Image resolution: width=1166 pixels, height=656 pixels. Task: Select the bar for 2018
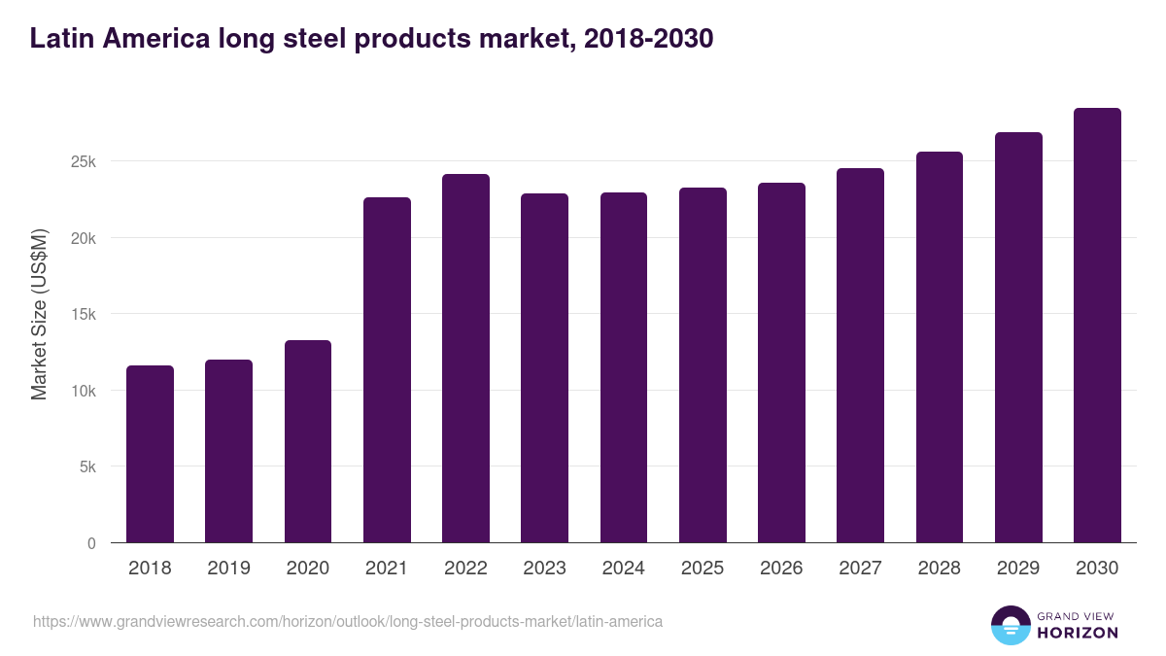[x=151, y=454]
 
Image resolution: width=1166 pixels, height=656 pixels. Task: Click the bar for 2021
[x=387, y=370]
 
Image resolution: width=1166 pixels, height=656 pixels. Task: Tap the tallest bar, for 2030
[x=1097, y=326]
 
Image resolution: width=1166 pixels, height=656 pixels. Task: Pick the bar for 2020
[x=308, y=441]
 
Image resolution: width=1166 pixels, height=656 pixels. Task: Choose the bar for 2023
[x=544, y=368]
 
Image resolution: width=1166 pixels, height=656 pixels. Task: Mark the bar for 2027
[x=860, y=356]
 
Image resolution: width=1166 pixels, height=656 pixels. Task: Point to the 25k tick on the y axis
[x=84, y=162]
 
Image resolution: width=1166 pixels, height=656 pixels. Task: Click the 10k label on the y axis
[x=84, y=391]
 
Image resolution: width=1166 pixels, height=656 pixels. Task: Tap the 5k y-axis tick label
[x=87, y=467]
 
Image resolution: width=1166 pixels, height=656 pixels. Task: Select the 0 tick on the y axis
[x=91, y=543]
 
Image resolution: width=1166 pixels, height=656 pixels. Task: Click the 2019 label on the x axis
[x=229, y=569]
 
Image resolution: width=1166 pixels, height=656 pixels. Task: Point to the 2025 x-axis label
[x=703, y=569]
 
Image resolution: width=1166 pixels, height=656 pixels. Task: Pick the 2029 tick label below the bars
[x=1018, y=569]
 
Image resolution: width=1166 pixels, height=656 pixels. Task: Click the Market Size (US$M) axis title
[x=40, y=313]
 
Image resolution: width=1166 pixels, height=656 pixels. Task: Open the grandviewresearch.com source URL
[x=348, y=621]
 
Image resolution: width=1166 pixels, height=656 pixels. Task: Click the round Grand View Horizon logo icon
[x=1011, y=626]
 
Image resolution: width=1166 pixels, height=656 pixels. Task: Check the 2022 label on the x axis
[x=465, y=569]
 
